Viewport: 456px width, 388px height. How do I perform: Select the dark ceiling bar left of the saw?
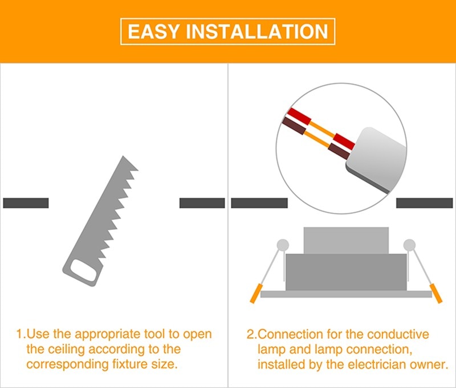click(26, 203)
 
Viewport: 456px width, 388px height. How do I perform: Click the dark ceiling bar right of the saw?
click(202, 203)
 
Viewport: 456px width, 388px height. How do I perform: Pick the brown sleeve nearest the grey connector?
click(338, 151)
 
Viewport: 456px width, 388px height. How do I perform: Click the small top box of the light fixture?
click(346, 240)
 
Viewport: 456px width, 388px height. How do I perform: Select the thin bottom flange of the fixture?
click(346, 294)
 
